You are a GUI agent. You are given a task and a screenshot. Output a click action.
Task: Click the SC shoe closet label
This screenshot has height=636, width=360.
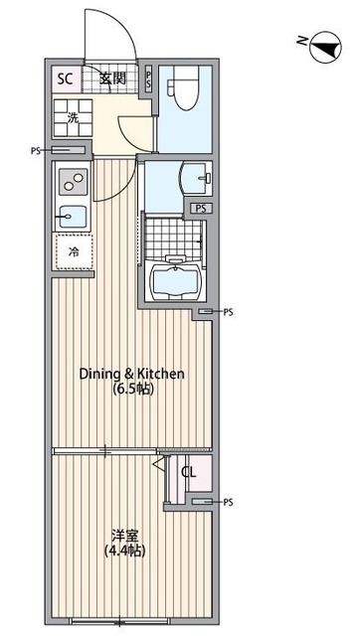pos(65,79)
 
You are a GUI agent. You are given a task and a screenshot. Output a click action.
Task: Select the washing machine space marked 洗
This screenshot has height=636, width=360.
pos(73,117)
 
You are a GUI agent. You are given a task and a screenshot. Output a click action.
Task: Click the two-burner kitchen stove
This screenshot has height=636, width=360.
pos(74,182)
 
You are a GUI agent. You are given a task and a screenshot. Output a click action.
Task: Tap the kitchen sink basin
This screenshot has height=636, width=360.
pos(73,217)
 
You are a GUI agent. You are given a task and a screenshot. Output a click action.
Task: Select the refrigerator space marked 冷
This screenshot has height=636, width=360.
pos(74,251)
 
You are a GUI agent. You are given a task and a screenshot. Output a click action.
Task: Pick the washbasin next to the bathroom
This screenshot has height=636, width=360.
pos(196,178)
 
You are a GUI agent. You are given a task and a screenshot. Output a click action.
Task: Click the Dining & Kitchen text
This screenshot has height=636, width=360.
pos(132,374)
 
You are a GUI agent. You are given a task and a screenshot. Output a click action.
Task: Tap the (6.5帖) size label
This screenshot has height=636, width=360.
pos(132,390)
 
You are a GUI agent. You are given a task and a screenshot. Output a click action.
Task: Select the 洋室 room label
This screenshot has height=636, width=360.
pos(125,536)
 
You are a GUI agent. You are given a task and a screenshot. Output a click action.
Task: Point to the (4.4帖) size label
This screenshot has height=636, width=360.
pos(125,552)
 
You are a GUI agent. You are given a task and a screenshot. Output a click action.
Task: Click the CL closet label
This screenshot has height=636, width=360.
pos(189,472)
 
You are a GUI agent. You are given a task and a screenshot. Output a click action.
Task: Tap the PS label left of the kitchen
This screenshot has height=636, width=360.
pos(36,151)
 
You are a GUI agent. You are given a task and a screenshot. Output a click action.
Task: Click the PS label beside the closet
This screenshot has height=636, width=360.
pos(228,502)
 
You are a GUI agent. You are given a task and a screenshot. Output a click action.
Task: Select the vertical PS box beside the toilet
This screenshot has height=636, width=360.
pos(148,79)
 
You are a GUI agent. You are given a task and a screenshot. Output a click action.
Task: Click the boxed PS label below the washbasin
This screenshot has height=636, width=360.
pos(201,209)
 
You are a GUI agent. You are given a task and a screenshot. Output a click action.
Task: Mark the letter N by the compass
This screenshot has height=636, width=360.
pos(301,40)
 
